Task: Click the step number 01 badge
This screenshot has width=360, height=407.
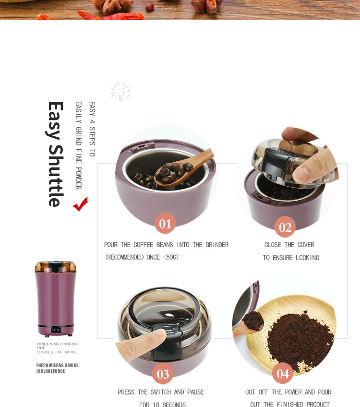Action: (x=165, y=224)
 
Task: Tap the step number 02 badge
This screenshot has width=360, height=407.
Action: (x=285, y=227)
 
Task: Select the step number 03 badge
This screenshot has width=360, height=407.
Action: (x=163, y=374)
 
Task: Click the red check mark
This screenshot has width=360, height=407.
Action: (x=81, y=204)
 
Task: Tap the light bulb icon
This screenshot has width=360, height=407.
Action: (x=120, y=91)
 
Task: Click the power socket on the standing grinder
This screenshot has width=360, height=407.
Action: (x=56, y=330)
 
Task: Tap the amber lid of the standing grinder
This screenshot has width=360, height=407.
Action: (x=55, y=266)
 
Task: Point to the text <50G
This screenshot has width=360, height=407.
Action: (x=170, y=257)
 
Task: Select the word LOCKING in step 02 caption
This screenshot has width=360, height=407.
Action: (x=307, y=258)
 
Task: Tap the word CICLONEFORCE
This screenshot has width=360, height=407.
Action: (x=50, y=371)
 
